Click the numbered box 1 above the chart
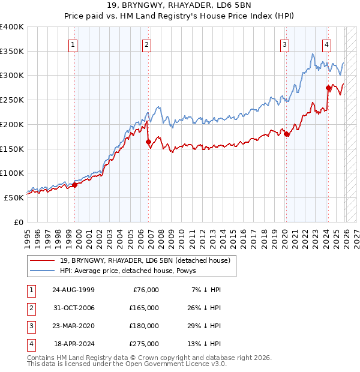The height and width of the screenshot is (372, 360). [x=73, y=44]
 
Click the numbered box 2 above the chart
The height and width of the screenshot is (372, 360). [x=146, y=44]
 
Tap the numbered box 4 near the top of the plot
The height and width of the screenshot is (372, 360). [x=326, y=44]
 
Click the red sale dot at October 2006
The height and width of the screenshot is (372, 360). [x=148, y=142]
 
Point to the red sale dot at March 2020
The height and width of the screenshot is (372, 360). [x=286, y=134]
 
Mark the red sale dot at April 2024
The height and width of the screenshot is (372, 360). [x=328, y=88]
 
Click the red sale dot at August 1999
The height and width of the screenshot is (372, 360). [x=75, y=185]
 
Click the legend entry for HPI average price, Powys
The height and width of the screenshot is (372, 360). [x=132, y=271]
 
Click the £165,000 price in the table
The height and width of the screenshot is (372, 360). [x=144, y=308]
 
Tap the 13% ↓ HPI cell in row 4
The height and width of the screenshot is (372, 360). [x=204, y=344]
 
